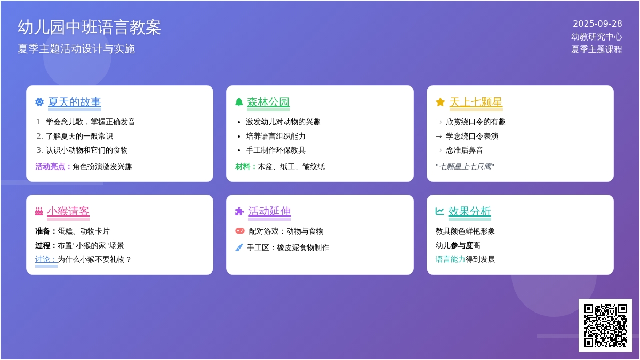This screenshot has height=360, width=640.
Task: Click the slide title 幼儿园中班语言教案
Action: tap(89, 27)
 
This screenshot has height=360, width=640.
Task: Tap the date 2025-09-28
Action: tap(597, 23)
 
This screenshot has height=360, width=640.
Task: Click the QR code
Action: tap(605, 325)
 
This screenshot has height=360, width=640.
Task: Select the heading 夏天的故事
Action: tap(75, 102)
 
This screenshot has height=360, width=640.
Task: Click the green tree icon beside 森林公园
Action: tap(239, 102)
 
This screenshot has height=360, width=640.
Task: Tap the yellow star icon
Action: tap(441, 102)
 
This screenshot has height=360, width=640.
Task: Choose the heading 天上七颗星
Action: tap(476, 102)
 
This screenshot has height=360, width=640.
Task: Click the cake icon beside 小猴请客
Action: tap(39, 211)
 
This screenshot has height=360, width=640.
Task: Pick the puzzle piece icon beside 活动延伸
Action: tap(239, 211)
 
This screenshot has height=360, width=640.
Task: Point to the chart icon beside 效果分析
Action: tap(439, 211)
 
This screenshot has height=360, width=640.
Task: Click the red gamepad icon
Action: tap(240, 231)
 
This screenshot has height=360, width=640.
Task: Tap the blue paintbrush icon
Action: tap(239, 247)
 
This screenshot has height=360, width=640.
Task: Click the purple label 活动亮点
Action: tap(50, 166)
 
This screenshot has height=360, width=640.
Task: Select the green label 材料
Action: tap(243, 166)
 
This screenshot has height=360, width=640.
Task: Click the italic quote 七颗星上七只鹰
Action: tap(465, 166)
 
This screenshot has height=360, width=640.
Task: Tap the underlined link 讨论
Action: tap(46, 259)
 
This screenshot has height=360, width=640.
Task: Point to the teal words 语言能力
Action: tap(450, 259)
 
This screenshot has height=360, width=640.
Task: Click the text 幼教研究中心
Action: tap(597, 37)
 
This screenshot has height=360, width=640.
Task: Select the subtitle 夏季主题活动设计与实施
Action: tap(76, 49)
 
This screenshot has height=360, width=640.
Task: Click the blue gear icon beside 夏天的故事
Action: tap(39, 102)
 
